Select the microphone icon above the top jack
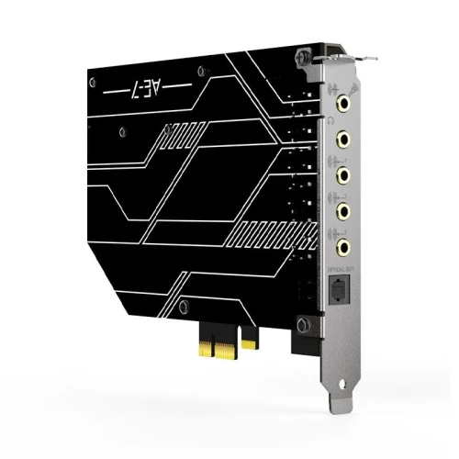coord(330,88)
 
